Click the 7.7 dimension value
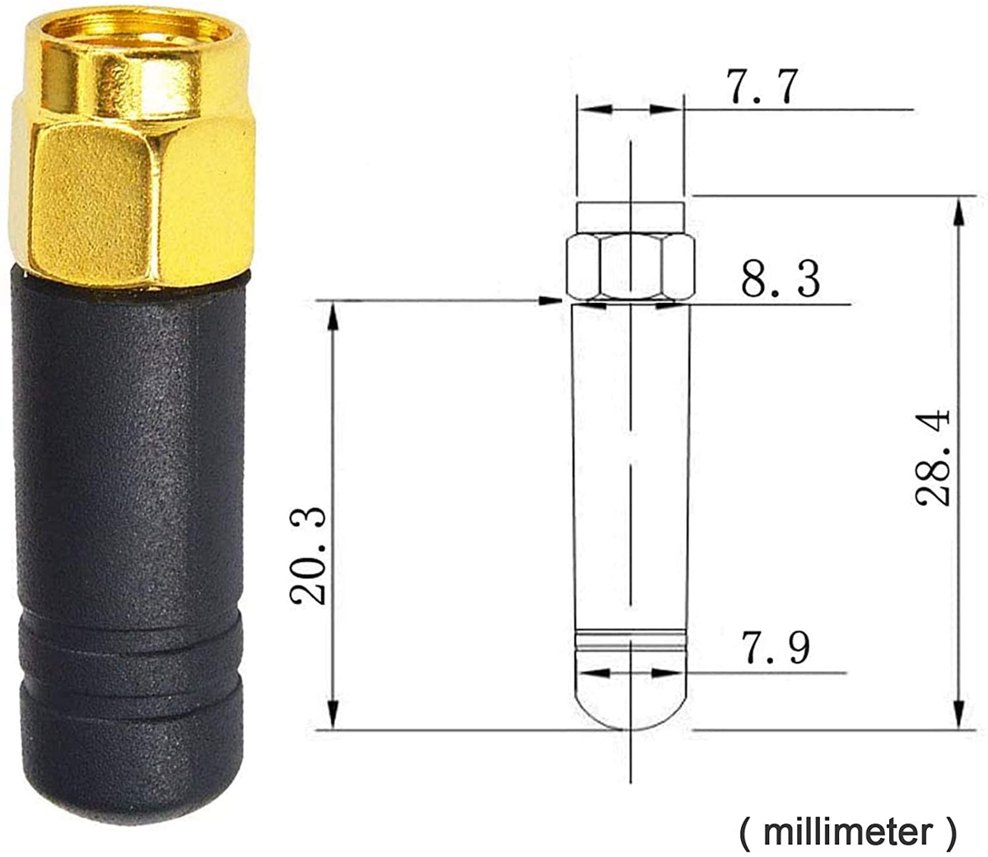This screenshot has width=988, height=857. pyautogui.click(x=762, y=87)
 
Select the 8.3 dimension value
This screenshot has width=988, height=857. pyautogui.click(x=780, y=280)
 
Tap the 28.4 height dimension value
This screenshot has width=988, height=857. pyautogui.click(x=934, y=457)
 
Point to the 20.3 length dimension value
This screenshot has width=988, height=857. pyautogui.click(x=310, y=557)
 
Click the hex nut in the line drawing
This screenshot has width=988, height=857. pyautogui.click(x=631, y=267)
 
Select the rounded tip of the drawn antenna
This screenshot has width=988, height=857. pyautogui.click(x=631, y=700)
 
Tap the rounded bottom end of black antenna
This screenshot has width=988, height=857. pyautogui.click(x=132, y=782)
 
